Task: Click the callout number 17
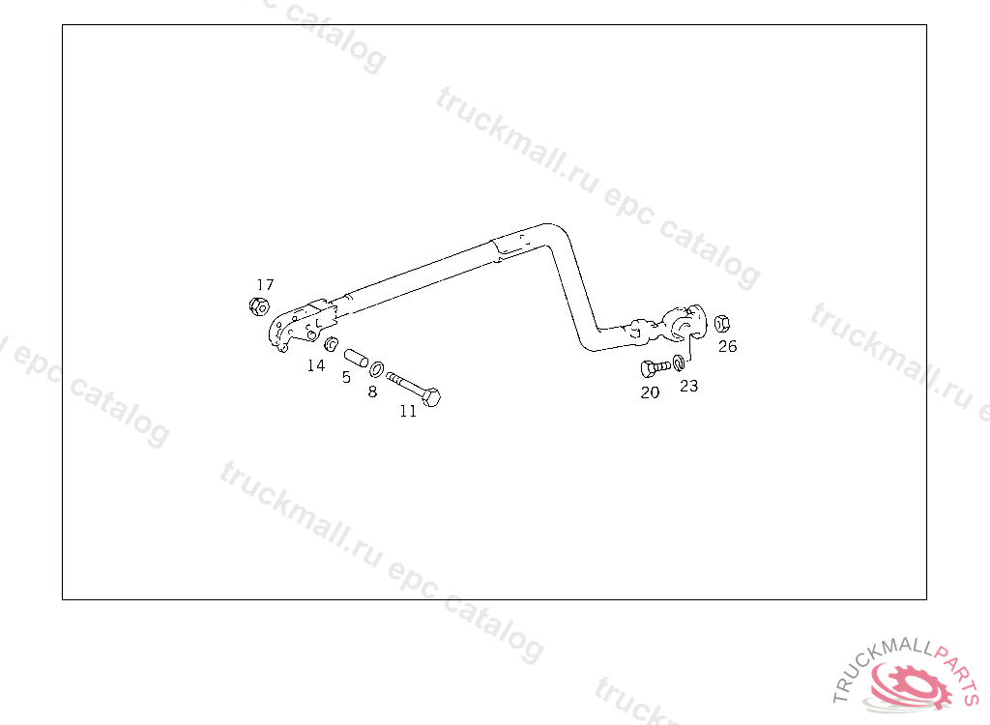pos(265,284)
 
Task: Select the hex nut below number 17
pos(258,307)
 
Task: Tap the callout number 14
pos(316,365)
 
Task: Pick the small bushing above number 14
pos(330,345)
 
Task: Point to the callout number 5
pos(346,377)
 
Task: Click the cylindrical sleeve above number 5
pos(355,359)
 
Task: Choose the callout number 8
pos(372,391)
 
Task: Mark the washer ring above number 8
pos(377,367)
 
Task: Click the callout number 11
pos(408,411)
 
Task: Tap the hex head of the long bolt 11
pos(431,397)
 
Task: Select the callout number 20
pos(650,392)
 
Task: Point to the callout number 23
pos(688,386)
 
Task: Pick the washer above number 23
pos(680,363)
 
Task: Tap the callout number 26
pos(727,346)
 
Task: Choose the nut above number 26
pos(724,324)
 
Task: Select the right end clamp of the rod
pos(688,324)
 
